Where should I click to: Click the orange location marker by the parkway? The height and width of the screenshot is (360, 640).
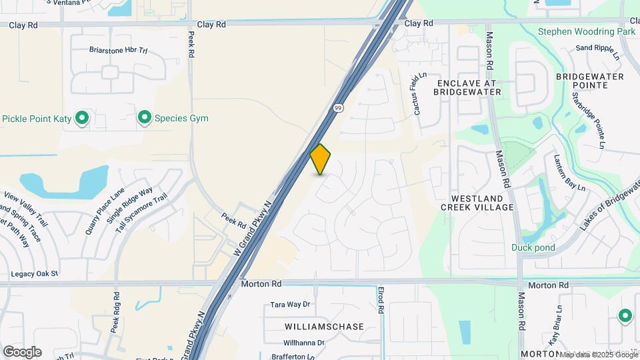coord(321,159)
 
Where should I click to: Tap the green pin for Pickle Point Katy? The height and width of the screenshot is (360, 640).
coord(83,119)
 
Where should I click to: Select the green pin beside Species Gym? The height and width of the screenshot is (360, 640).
coord(143,118)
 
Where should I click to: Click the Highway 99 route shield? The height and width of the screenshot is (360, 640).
coord(339,107)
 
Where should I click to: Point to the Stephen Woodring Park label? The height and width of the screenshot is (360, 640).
coord(586,31)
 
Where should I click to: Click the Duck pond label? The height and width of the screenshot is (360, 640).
coord(533,247)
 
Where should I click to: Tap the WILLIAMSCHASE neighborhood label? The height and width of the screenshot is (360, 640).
coord(324,327)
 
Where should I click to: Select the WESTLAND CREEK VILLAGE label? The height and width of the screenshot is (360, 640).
coord(477,203)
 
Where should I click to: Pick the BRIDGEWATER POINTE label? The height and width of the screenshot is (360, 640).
coord(590,81)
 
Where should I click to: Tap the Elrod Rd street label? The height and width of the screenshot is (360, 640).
coord(381,299)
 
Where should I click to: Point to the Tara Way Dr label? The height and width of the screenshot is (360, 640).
coord(291,305)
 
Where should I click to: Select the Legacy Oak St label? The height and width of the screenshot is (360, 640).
coord(35,274)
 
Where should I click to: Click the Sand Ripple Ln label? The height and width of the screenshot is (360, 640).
coord(598,48)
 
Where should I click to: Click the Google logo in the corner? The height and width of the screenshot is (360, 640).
coord(22,352)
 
